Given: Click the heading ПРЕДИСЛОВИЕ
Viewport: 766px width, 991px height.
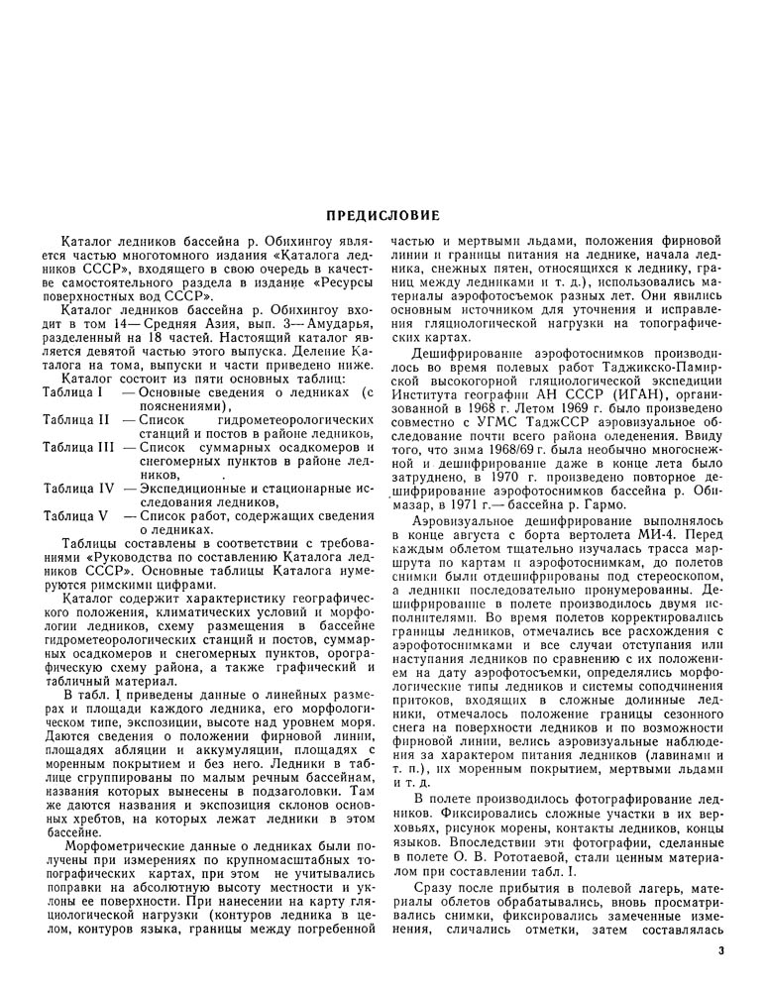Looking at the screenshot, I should (x=383, y=216).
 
